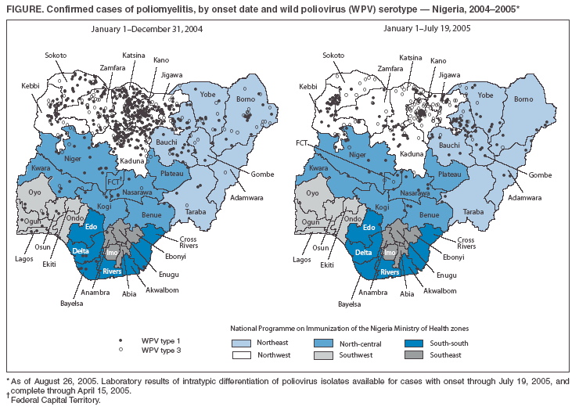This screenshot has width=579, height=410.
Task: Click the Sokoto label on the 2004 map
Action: click(56, 56)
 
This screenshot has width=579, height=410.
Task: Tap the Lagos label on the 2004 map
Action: click(25, 257)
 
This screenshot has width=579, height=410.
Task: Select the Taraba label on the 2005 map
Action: click(495, 211)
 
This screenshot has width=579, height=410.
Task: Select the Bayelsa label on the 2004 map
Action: click(71, 302)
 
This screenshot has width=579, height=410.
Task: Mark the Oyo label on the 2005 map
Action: click(312, 192)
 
